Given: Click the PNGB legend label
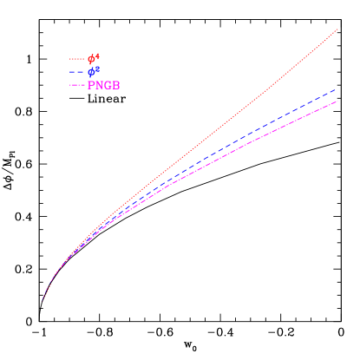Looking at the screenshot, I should (x=103, y=86).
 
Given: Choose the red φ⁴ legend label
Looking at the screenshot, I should (x=94, y=59).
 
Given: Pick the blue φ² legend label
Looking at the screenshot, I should (x=94, y=72).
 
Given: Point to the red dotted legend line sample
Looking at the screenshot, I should (x=77, y=60).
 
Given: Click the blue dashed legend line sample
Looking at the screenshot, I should (x=77, y=73).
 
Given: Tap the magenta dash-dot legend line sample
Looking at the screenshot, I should (x=77, y=86).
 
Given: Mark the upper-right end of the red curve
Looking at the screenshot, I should (x=337, y=29).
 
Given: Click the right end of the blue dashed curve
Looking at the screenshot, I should (x=337, y=88).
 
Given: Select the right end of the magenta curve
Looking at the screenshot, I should (x=337, y=101).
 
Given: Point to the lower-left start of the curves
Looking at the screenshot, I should (x=43, y=300).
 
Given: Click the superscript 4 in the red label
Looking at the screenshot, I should (x=97, y=56).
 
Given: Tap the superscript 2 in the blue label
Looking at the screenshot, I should (x=97, y=69).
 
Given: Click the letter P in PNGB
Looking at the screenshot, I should (x=91, y=86).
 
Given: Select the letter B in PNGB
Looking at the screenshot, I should (x=116, y=86).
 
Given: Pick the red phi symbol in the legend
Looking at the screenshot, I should (x=91, y=60).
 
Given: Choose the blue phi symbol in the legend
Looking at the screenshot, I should (x=91, y=73).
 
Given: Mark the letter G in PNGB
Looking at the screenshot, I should (x=108, y=86).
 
